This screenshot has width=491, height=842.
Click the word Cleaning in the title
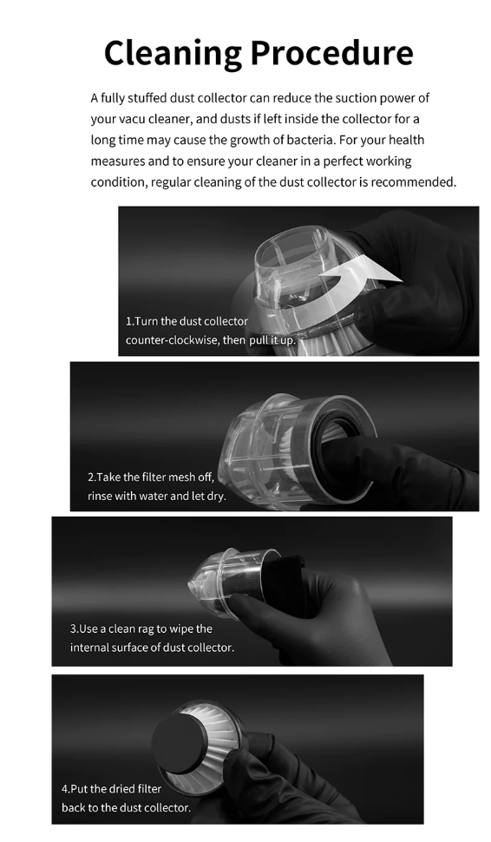coord(173,54)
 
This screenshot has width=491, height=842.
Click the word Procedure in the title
coord(331,53)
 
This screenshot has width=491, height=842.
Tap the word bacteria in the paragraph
coord(310,140)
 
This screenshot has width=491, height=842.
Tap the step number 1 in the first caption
coord(128,321)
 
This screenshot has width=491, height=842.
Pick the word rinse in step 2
coord(99,496)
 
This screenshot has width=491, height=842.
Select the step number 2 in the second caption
coord(91,477)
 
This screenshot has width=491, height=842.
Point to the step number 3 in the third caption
coord(74,628)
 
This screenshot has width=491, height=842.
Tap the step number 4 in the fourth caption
coord(65,789)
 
